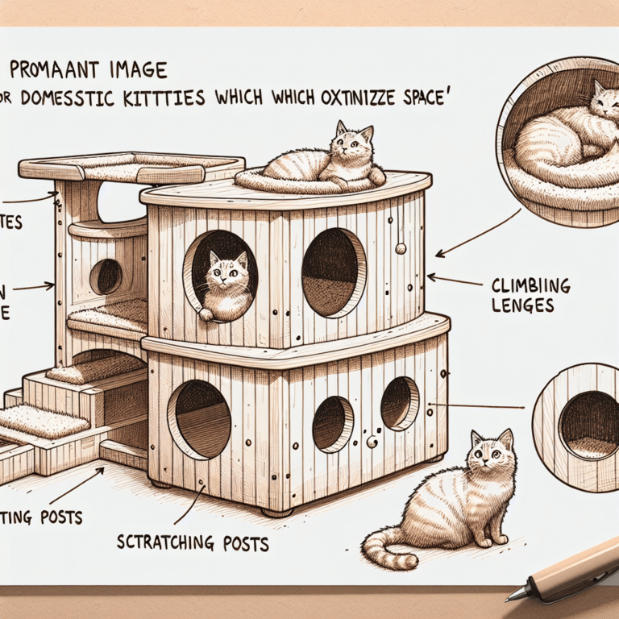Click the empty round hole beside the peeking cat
(333, 272)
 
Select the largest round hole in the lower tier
(199, 419)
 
